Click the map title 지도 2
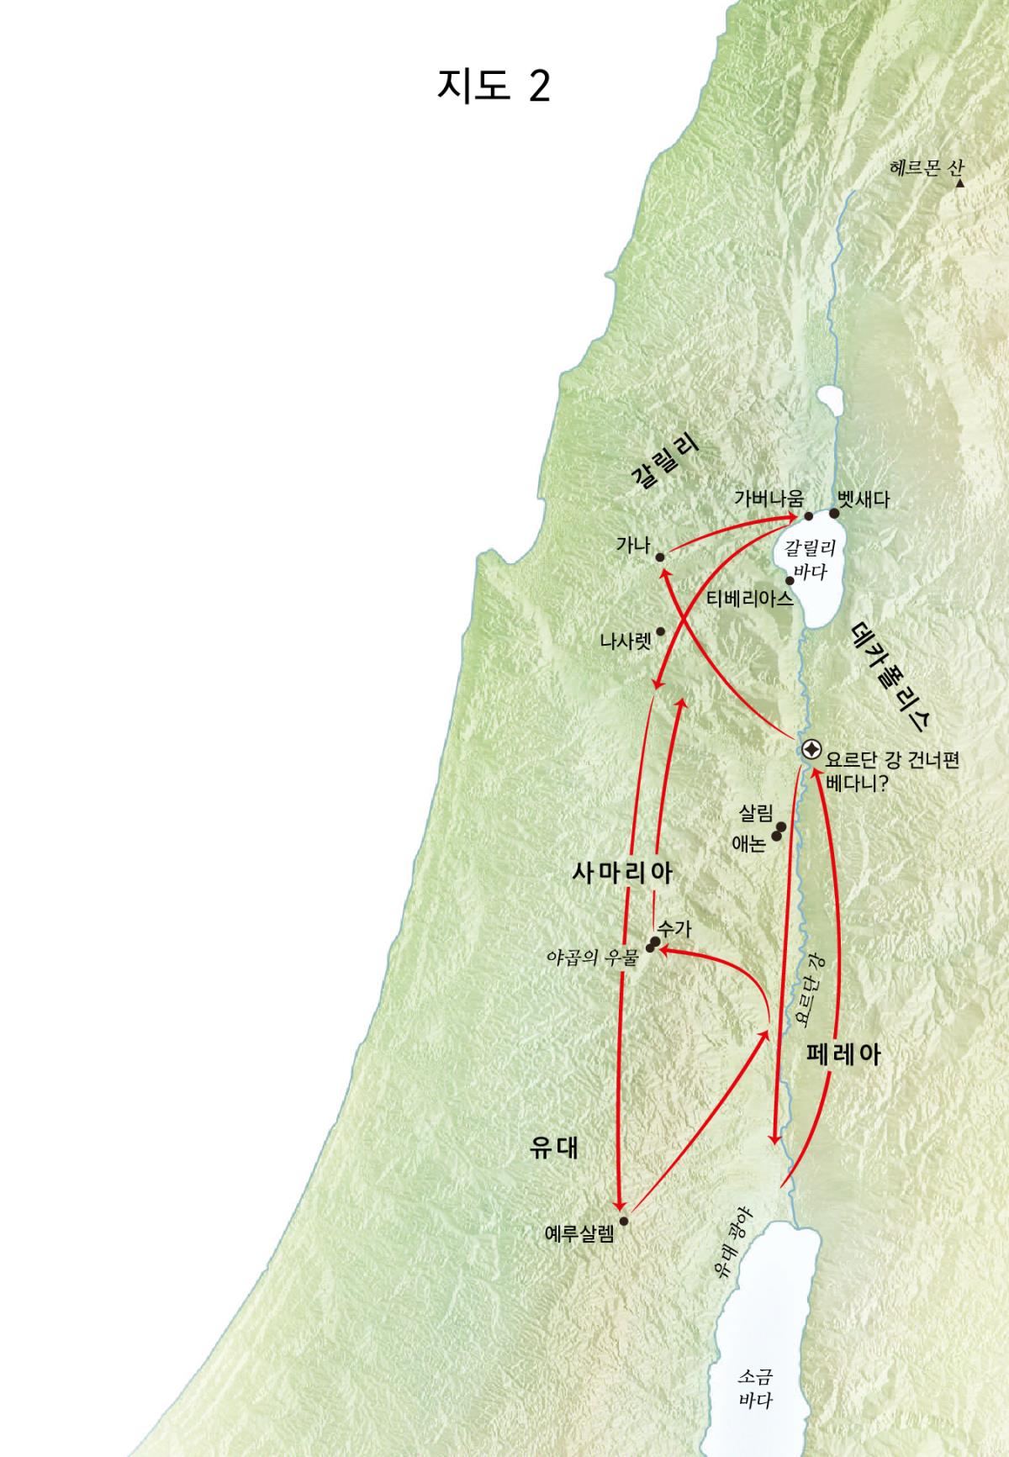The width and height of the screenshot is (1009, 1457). tap(494, 86)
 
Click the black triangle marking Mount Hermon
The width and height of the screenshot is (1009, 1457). tap(959, 182)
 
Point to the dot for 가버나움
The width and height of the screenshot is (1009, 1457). tap(809, 516)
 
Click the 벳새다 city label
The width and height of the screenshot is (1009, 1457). tap(864, 499)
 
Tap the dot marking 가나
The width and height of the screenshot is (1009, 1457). tap(660, 557)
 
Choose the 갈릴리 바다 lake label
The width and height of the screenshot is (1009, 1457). tap(810, 560)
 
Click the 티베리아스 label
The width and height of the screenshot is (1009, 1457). tap(750, 599)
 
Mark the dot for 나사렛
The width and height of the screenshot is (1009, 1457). tap(660, 631)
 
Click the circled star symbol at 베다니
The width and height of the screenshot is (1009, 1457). tap(811, 750)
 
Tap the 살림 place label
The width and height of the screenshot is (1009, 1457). tap(756, 813)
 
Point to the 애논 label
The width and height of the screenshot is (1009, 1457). tap(748, 843)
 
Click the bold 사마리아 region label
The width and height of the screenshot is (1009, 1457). tap(622, 873)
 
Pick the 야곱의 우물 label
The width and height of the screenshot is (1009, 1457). tap(592, 957)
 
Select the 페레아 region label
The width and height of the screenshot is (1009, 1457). tap(843, 1054)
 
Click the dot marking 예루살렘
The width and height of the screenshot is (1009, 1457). tap(623, 1221)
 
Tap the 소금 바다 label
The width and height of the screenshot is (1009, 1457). tap(755, 1388)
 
